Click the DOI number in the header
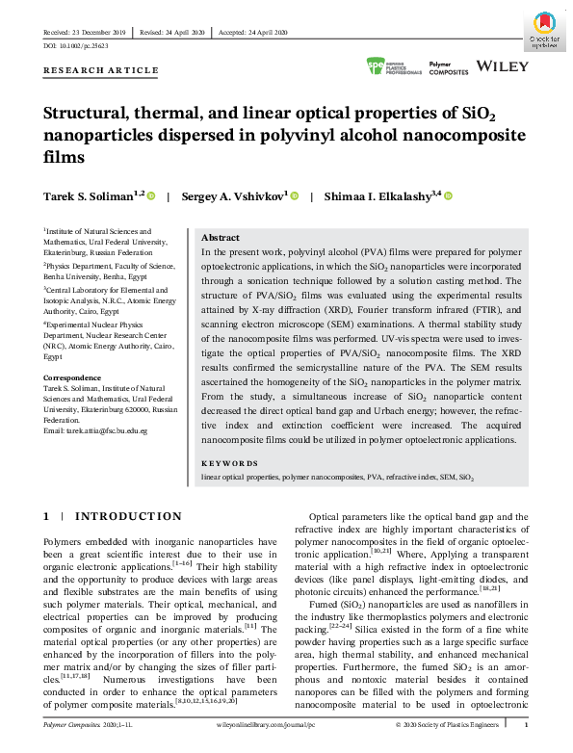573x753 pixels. (77, 45)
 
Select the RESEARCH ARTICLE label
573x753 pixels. (101, 70)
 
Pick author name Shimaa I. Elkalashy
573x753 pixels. (384, 196)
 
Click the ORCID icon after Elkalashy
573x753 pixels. (449, 196)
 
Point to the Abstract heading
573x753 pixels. (220, 237)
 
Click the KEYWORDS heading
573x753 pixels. (228, 462)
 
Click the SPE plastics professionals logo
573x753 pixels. (394, 66)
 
